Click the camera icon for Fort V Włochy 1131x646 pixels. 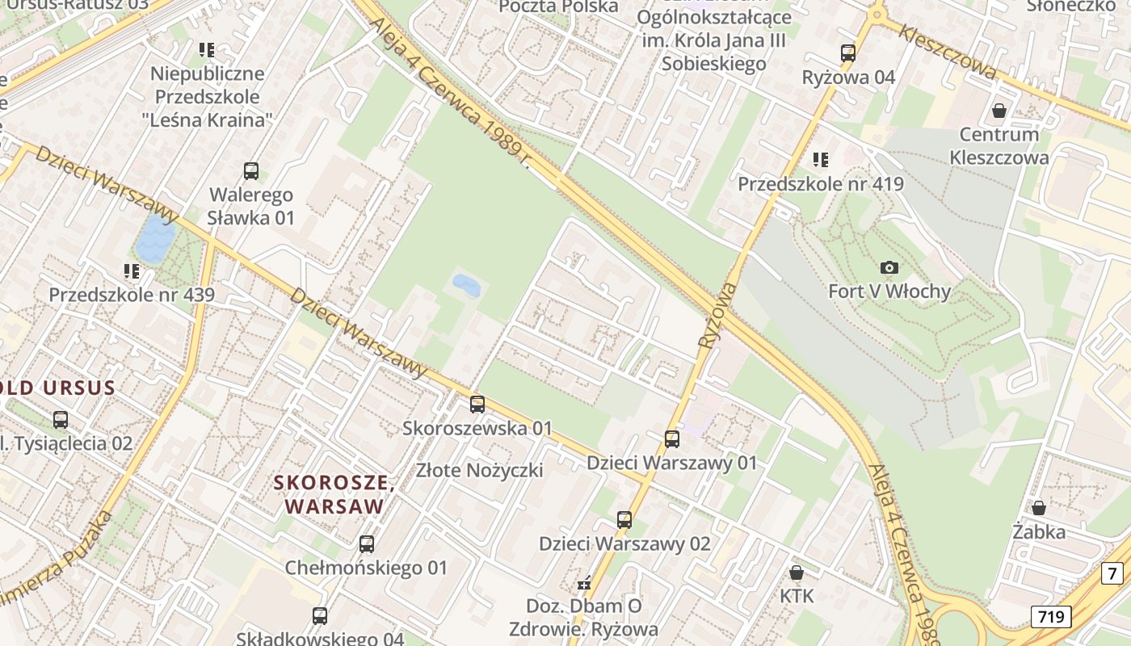tap(889, 267)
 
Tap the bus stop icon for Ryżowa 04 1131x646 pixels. tap(848, 53)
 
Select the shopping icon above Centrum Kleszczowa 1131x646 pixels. tap(999, 110)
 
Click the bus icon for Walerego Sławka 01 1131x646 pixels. tap(251, 171)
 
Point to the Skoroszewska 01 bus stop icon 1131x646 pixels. tap(477, 405)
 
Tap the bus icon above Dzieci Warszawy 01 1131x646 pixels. tap(672, 439)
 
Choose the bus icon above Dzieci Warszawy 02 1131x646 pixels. tap(624, 520)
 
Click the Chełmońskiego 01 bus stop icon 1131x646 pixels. tap(367, 544)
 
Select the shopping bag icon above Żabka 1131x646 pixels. tap(1039, 508)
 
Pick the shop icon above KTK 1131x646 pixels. tap(797, 573)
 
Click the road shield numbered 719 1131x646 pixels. tap(1051, 617)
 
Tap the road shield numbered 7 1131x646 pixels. tap(1112, 573)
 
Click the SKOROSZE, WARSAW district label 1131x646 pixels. tap(334, 495)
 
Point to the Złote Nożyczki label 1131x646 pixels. tap(480, 470)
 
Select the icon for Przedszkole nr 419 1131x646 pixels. tap(821, 160)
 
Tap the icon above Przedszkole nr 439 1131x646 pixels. tap(131, 271)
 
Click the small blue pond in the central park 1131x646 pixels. tap(466, 285)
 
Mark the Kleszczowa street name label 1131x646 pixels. tap(947, 52)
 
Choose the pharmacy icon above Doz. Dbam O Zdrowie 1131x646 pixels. tap(584, 582)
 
